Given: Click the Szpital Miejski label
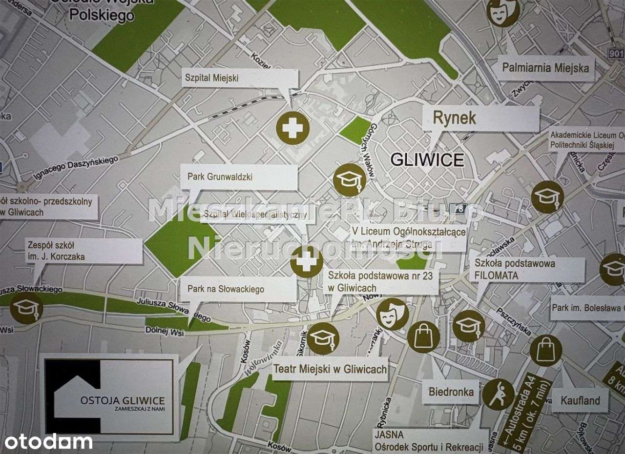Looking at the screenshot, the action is [x=239, y=78].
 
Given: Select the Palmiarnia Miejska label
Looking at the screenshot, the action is [x=545, y=68].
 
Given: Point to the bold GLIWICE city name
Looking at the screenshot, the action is [x=427, y=160].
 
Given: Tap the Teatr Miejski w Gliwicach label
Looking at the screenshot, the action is [x=331, y=369].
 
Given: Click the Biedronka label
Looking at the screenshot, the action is [x=451, y=392].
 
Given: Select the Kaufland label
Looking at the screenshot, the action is [x=580, y=401].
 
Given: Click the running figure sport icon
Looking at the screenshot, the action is [x=498, y=394].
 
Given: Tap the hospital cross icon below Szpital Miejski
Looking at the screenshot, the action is [x=292, y=128].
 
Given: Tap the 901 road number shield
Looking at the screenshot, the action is [x=617, y=53].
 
